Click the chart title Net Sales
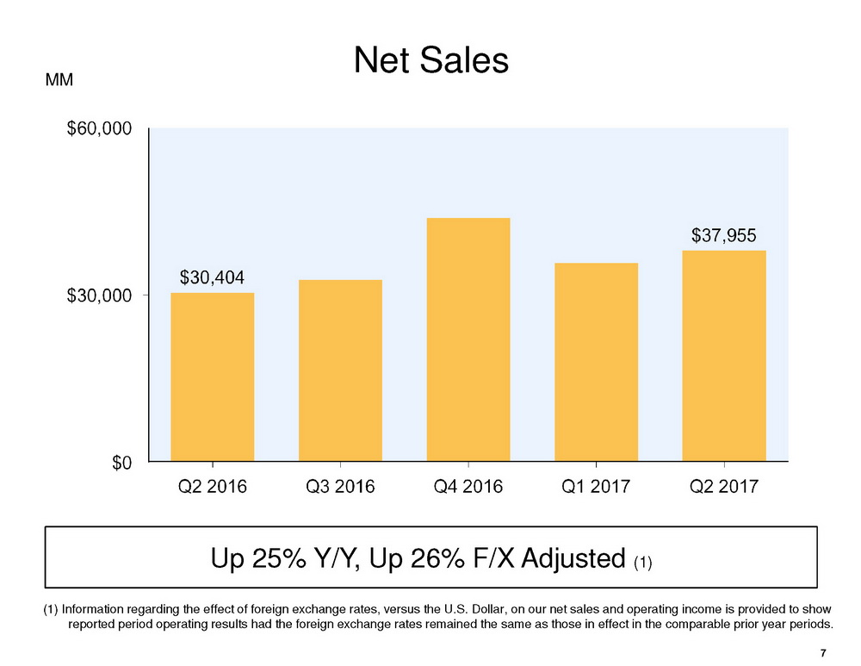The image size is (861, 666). tap(431, 61)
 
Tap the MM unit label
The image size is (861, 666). tap(59, 80)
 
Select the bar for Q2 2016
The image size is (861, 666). tap(213, 377)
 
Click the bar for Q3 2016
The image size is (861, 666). tap(340, 370)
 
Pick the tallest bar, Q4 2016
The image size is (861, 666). tap(468, 339)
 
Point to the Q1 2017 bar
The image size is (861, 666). tap(596, 362)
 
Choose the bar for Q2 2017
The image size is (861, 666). tap(724, 356)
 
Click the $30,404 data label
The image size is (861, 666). tap(212, 277)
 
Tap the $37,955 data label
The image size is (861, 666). tap(724, 234)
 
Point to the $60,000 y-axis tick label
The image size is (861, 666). tap(99, 129)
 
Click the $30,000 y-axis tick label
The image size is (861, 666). tap(99, 296)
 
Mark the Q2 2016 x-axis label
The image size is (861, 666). tap(212, 488)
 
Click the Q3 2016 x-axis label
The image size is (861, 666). tap(340, 488)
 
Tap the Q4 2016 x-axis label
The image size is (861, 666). tap(468, 488)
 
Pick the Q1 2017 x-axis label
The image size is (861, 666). tap(596, 488)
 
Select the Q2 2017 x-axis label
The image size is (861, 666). tap(724, 488)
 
